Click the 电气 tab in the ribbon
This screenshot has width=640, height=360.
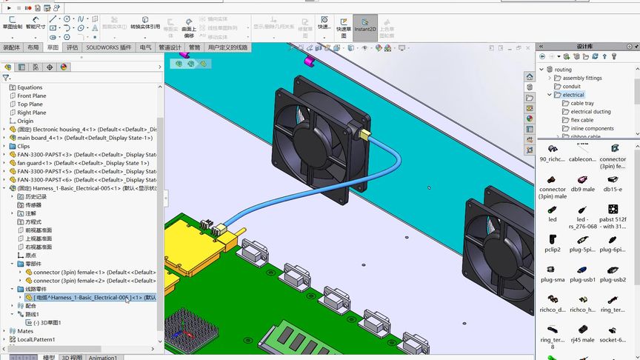[x=145, y=47]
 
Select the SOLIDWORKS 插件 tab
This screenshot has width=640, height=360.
[x=108, y=47]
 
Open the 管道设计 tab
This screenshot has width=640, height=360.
[x=170, y=47]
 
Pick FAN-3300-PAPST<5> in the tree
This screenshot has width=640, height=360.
[x=81, y=171]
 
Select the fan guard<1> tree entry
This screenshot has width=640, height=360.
[x=81, y=163]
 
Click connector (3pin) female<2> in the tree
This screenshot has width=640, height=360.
[x=93, y=281]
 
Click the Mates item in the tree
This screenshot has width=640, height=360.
[x=25, y=331]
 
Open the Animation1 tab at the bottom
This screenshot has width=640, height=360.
[x=103, y=357]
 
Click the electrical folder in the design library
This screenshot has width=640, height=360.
[x=573, y=95]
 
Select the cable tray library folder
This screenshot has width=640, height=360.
[x=581, y=104]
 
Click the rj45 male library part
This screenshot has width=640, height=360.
[x=582, y=334]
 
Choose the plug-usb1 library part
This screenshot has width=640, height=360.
[x=582, y=273]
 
